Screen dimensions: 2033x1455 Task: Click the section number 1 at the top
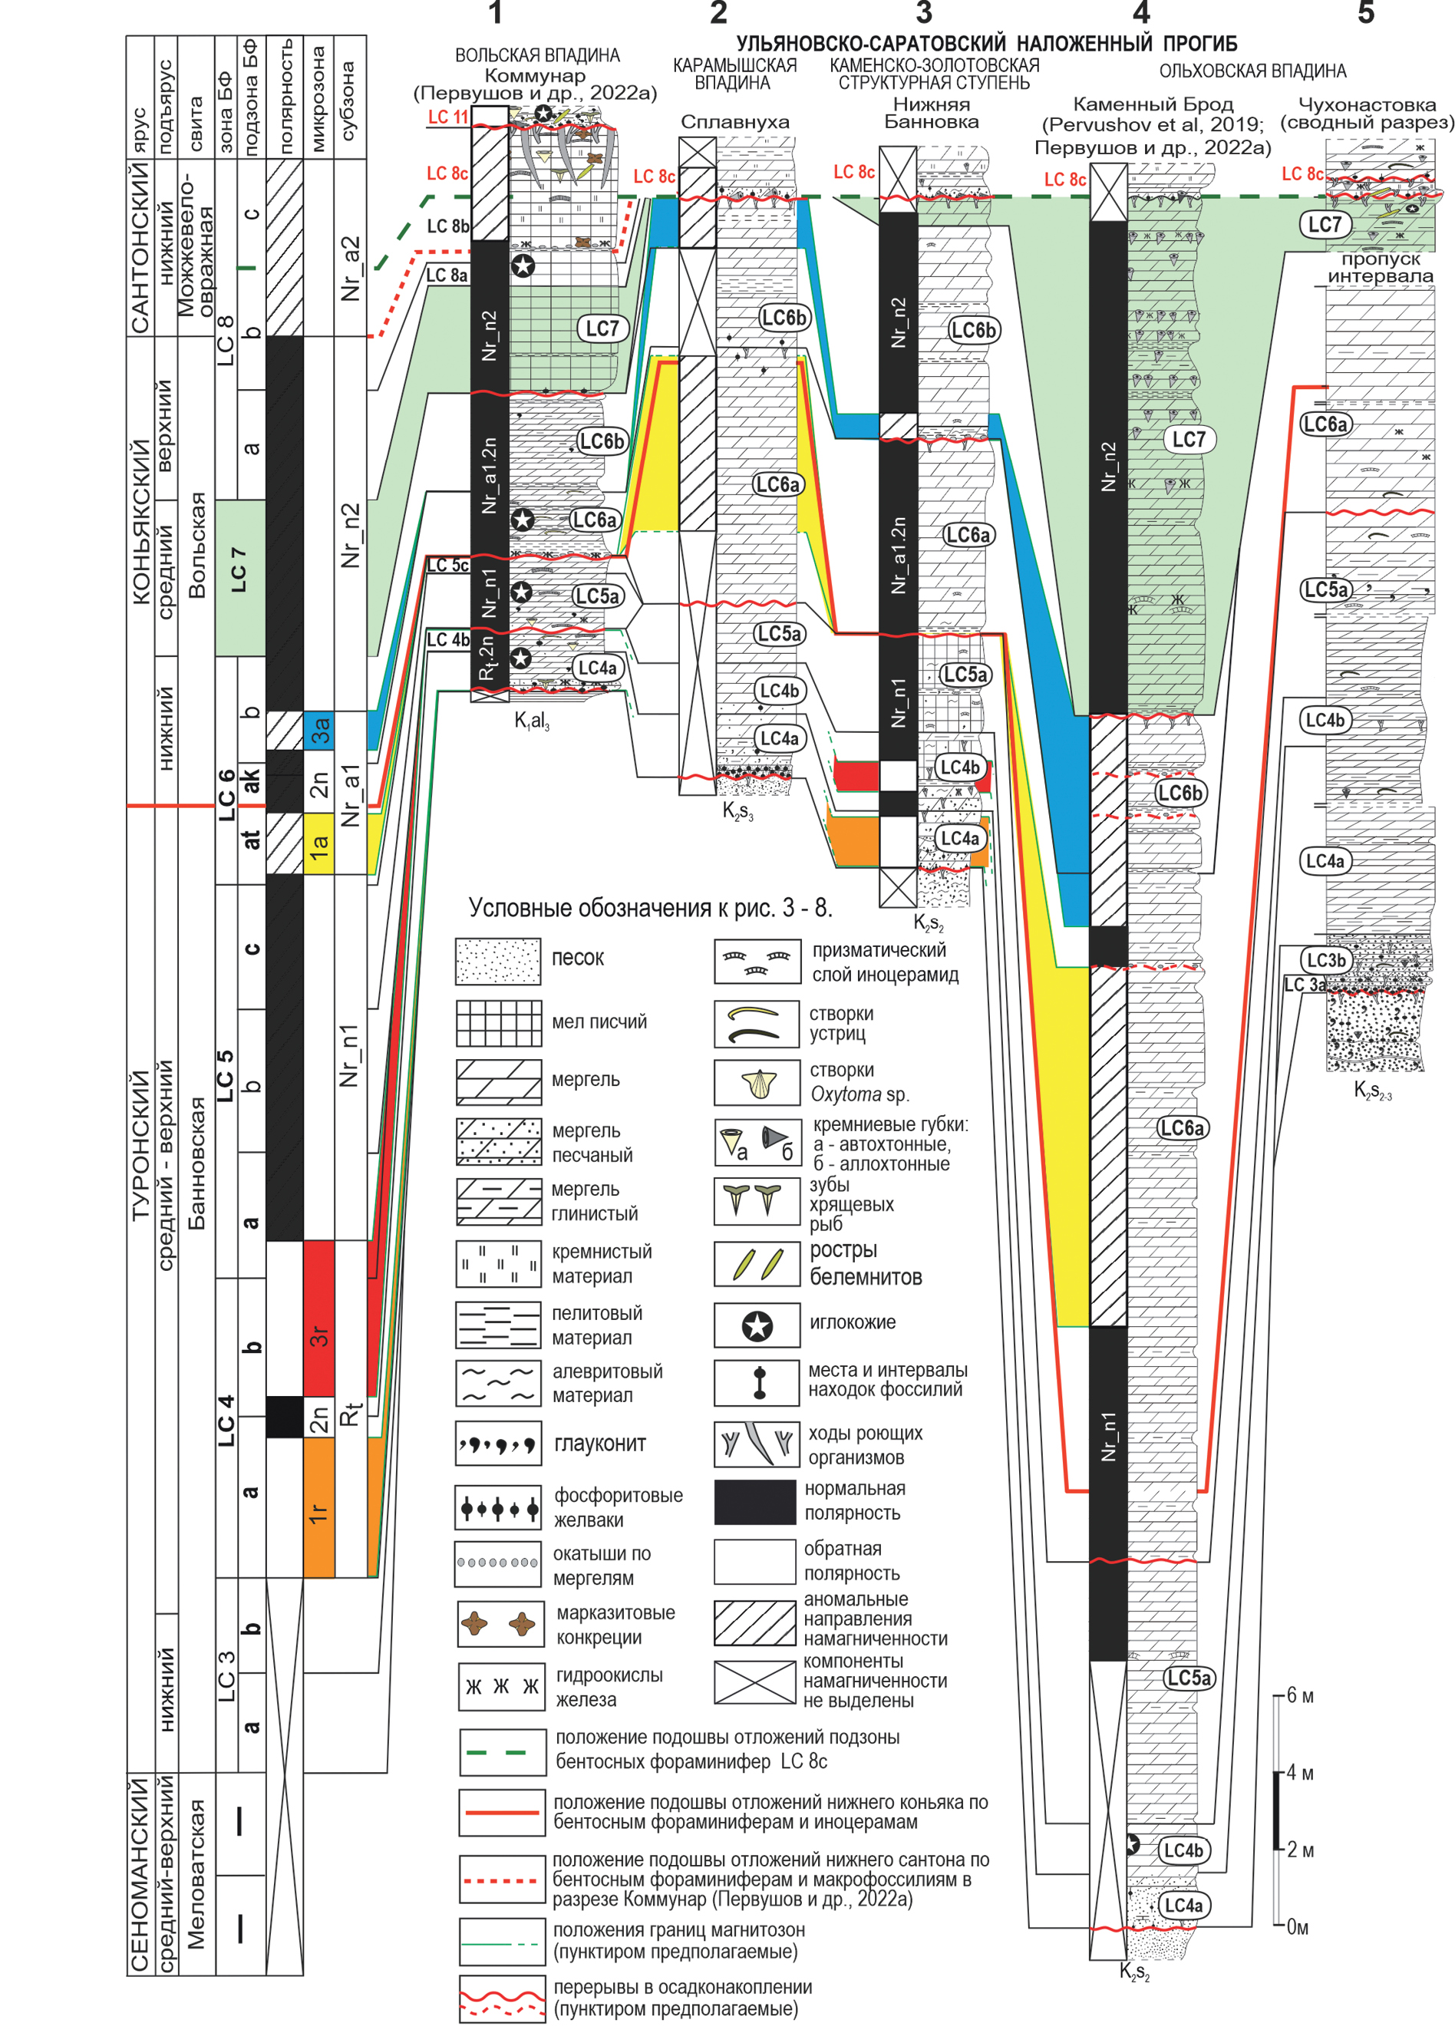tap(496, 15)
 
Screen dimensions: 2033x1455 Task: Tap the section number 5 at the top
tap(1365, 15)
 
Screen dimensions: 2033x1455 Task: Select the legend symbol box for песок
tap(498, 961)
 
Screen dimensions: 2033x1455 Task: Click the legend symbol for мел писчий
tap(498, 1022)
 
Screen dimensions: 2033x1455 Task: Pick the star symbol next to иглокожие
tap(757, 1325)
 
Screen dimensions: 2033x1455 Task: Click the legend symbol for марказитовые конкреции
tap(500, 1623)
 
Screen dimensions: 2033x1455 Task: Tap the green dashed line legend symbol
tap(502, 1751)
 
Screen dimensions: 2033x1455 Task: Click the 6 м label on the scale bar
tap(1300, 1695)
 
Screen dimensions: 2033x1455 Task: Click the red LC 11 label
tap(447, 117)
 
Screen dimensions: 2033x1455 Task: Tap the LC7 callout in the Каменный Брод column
tap(1189, 439)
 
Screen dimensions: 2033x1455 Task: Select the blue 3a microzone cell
tap(319, 729)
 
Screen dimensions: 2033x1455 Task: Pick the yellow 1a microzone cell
tap(319, 842)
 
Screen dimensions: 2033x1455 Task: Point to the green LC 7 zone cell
tap(240, 577)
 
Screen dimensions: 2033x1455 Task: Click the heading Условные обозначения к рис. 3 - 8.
tap(651, 909)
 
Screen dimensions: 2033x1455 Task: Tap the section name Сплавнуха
tap(734, 122)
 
